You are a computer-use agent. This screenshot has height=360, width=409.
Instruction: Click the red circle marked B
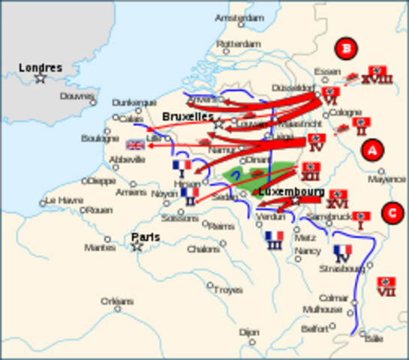(x=346, y=49)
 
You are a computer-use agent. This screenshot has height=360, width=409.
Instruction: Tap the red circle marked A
(x=371, y=151)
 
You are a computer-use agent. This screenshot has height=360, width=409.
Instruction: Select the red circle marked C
(x=391, y=213)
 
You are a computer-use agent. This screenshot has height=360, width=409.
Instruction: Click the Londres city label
(x=41, y=68)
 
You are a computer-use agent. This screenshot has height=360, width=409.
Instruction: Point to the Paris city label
(x=146, y=237)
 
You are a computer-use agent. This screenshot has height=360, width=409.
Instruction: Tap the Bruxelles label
(x=188, y=117)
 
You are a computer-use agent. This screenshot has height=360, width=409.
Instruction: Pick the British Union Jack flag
(x=135, y=145)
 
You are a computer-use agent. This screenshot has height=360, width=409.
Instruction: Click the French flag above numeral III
(x=275, y=236)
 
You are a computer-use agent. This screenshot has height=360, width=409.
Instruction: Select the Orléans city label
(x=117, y=301)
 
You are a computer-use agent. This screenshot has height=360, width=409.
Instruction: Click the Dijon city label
(x=249, y=331)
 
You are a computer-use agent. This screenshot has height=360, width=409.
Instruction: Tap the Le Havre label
(x=64, y=200)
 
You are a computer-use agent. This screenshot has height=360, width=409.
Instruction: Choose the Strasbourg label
(x=342, y=268)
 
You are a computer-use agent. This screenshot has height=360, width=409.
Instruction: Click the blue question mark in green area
(x=235, y=176)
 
